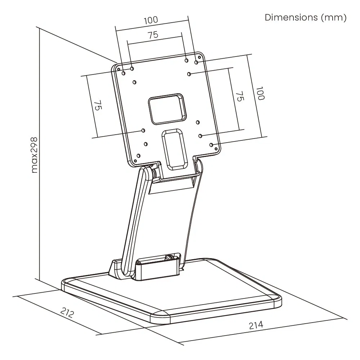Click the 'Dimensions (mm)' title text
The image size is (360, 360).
tap(305, 18)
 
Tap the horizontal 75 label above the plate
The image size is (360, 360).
tap(153, 35)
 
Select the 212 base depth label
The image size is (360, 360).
tap(67, 313)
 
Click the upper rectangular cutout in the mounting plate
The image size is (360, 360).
tap(167, 109)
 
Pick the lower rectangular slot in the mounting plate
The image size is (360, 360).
tap(174, 149)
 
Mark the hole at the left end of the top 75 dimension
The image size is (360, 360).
tap(132, 68)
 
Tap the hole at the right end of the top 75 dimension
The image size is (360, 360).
tap(186, 60)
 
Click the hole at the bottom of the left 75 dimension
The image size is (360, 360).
tap(143, 130)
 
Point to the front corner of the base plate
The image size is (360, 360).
tap(158, 319)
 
